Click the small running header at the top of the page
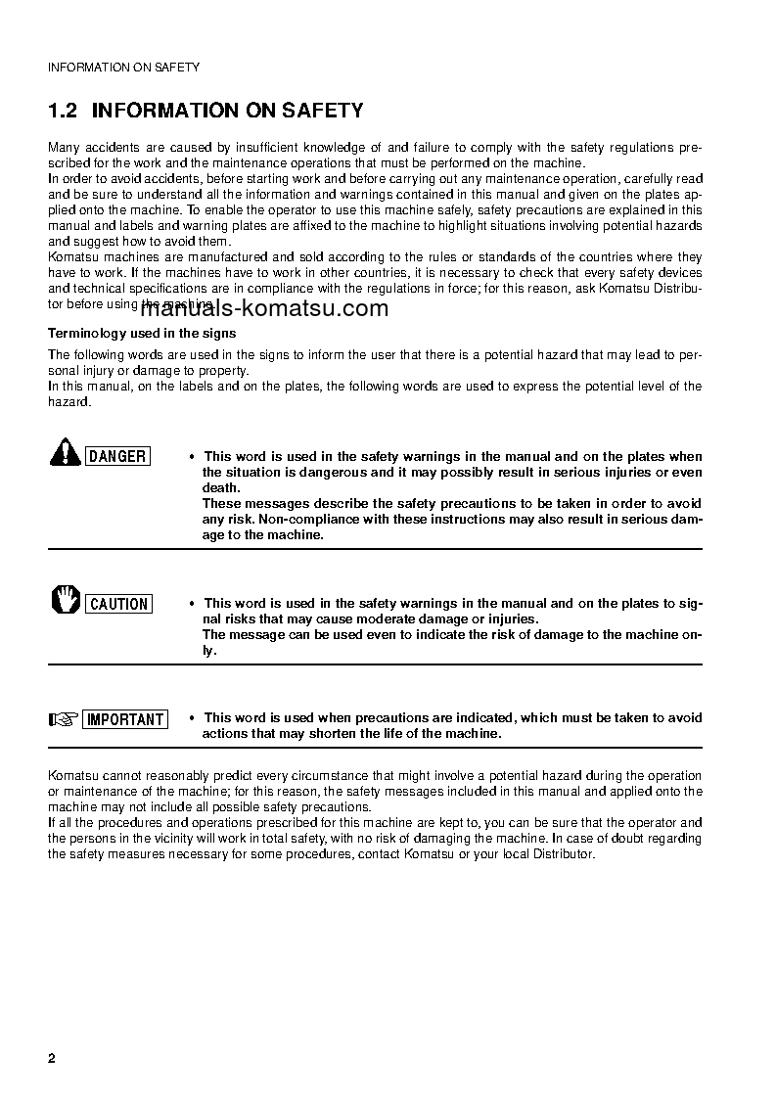point(123,68)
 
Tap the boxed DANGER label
point(117,456)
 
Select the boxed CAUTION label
point(118,604)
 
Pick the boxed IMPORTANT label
point(125,719)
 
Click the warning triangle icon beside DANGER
point(66,454)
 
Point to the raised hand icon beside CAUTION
point(66,600)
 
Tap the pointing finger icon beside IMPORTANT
point(64,719)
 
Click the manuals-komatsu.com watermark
point(264,308)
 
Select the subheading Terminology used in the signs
point(142,333)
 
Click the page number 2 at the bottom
point(52,1060)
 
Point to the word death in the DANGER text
point(220,487)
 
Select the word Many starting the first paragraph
point(65,147)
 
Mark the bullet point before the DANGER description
point(192,457)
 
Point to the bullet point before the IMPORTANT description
point(192,718)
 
